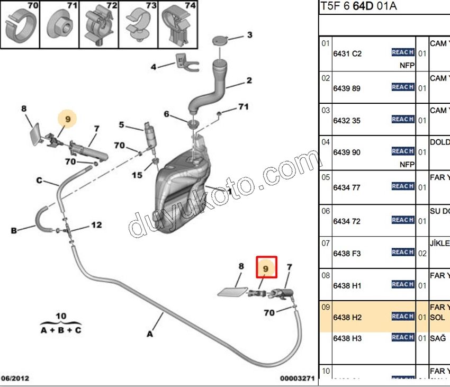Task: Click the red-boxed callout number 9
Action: pyautogui.click(x=266, y=269)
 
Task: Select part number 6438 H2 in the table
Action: pyautogui.click(x=347, y=317)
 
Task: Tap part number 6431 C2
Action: pyautogui.click(x=347, y=53)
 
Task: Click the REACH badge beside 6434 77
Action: pyautogui.click(x=402, y=186)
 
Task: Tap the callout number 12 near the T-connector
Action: pyautogui.click(x=96, y=225)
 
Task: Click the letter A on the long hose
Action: pyautogui.click(x=150, y=334)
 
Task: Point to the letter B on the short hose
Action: pyautogui.click(x=14, y=230)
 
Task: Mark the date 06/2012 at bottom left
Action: pyautogui.click(x=15, y=379)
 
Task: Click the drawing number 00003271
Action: pyautogui.click(x=298, y=379)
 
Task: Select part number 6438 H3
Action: pyautogui.click(x=347, y=338)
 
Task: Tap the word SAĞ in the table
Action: pyautogui.click(x=437, y=338)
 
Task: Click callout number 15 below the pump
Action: pyautogui.click(x=137, y=175)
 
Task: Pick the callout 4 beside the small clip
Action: pyautogui.click(x=154, y=67)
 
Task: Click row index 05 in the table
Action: pyautogui.click(x=326, y=177)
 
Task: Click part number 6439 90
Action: pyautogui.click(x=347, y=152)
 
